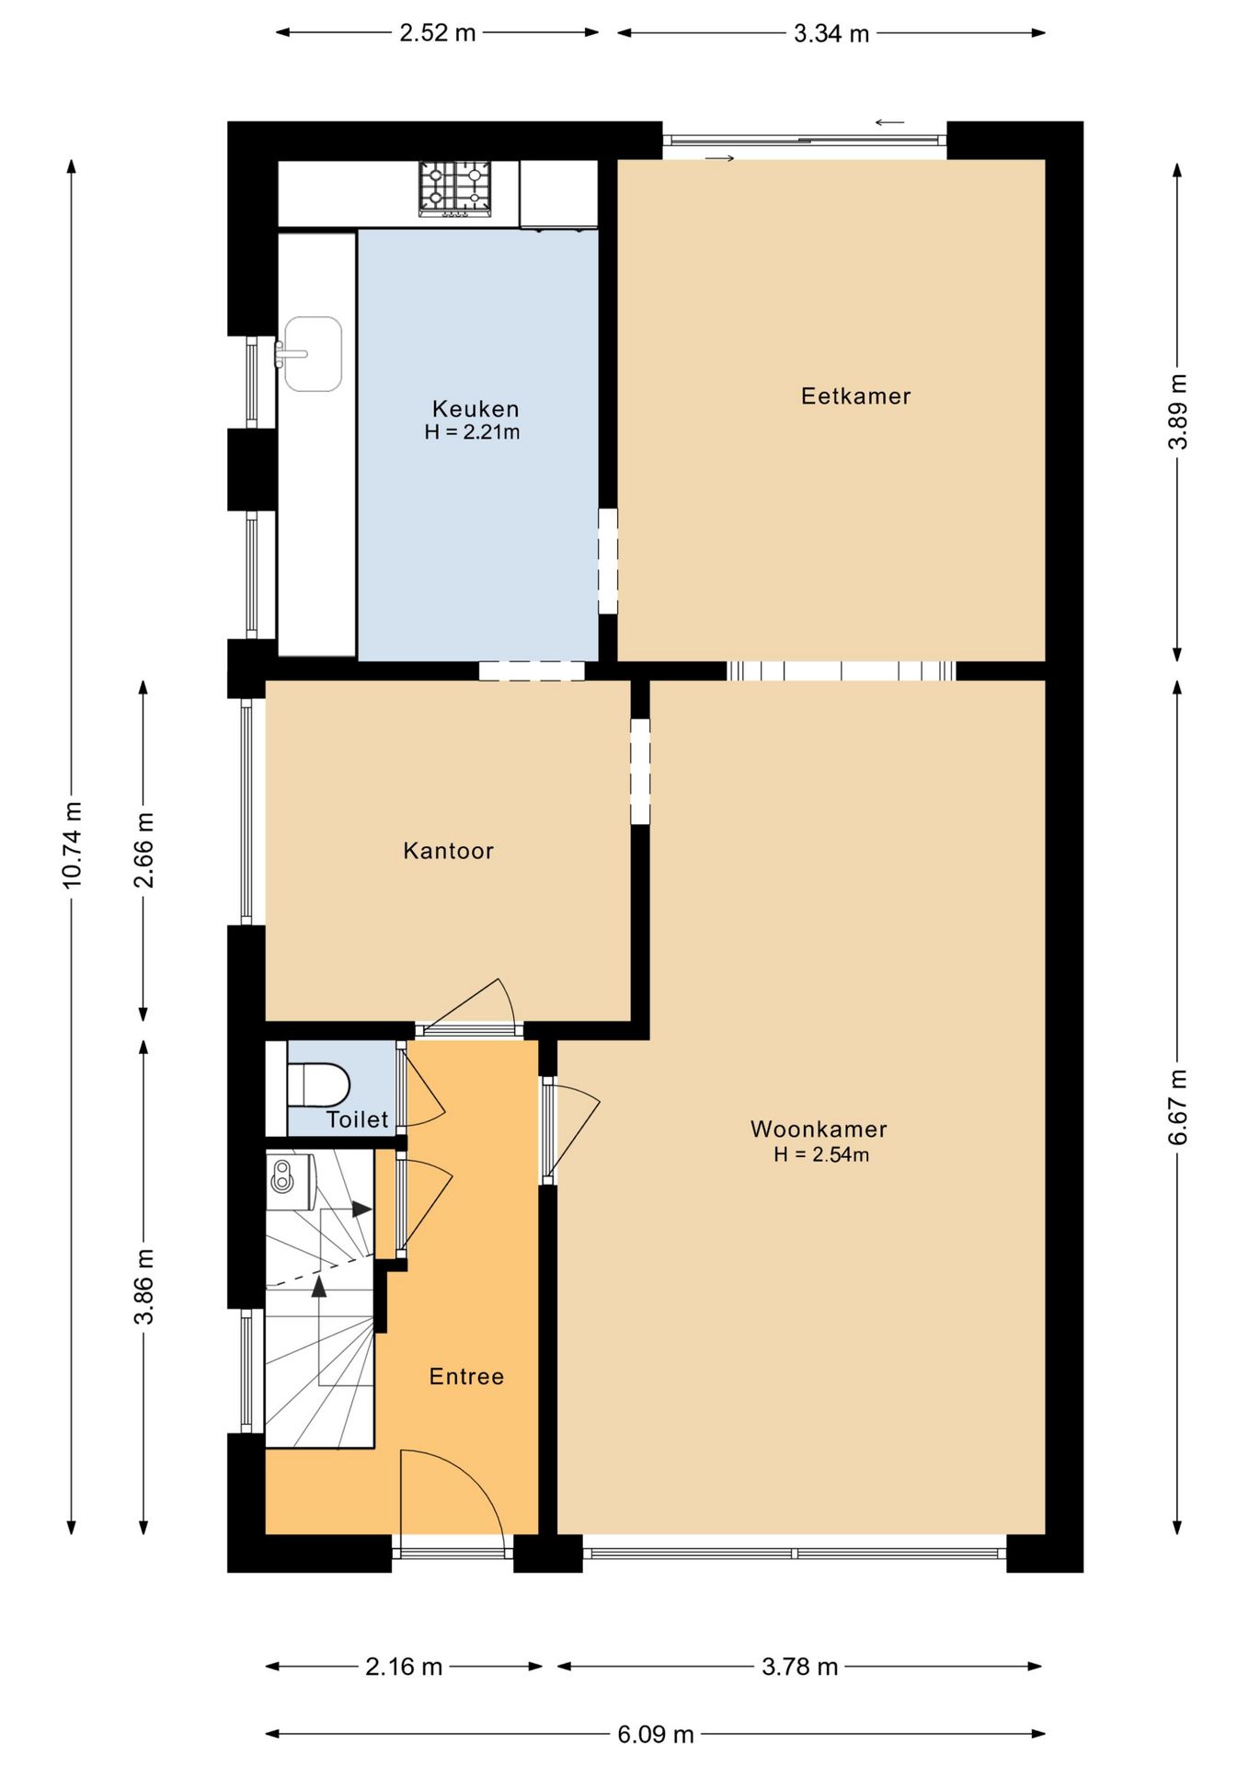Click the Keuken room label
tap(476, 408)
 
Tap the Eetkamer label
tap(855, 396)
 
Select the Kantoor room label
tap(448, 851)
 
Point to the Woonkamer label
tap(819, 1130)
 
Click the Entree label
tap(466, 1377)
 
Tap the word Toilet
tap(357, 1119)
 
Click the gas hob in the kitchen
tap(455, 189)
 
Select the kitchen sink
tap(312, 354)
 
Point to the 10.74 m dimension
tap(72, 844)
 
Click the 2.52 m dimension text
tap(437, 33)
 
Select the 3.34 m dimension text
tap(831, 34)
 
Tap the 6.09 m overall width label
tap(655, 1735)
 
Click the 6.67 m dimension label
tap(1177, 1107)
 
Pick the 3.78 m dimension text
tap(799, 1667)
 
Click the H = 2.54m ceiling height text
tap(821, 1155)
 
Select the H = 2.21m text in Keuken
tap(472, 432)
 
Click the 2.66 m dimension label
tap(143, 850)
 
